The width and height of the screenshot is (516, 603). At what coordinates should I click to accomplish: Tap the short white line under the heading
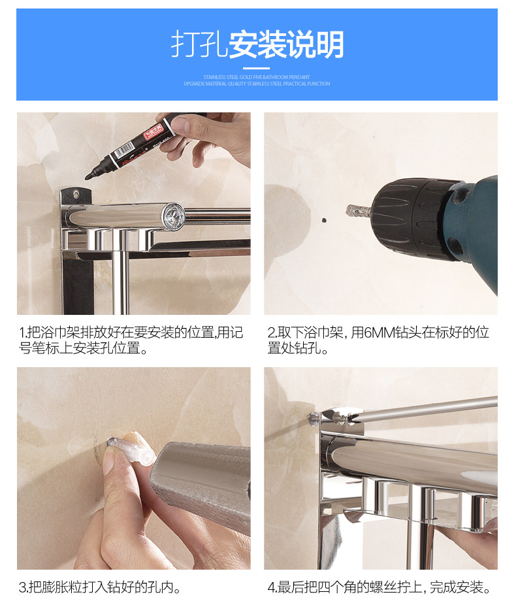(257, 68)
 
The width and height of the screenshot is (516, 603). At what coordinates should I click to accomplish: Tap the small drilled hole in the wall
(322, 221)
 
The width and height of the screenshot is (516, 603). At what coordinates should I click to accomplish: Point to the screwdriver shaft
(418, 408)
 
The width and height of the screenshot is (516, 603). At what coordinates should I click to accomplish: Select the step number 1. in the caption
(23, 333)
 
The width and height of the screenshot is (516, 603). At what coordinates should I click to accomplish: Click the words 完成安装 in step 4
(460, 587)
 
